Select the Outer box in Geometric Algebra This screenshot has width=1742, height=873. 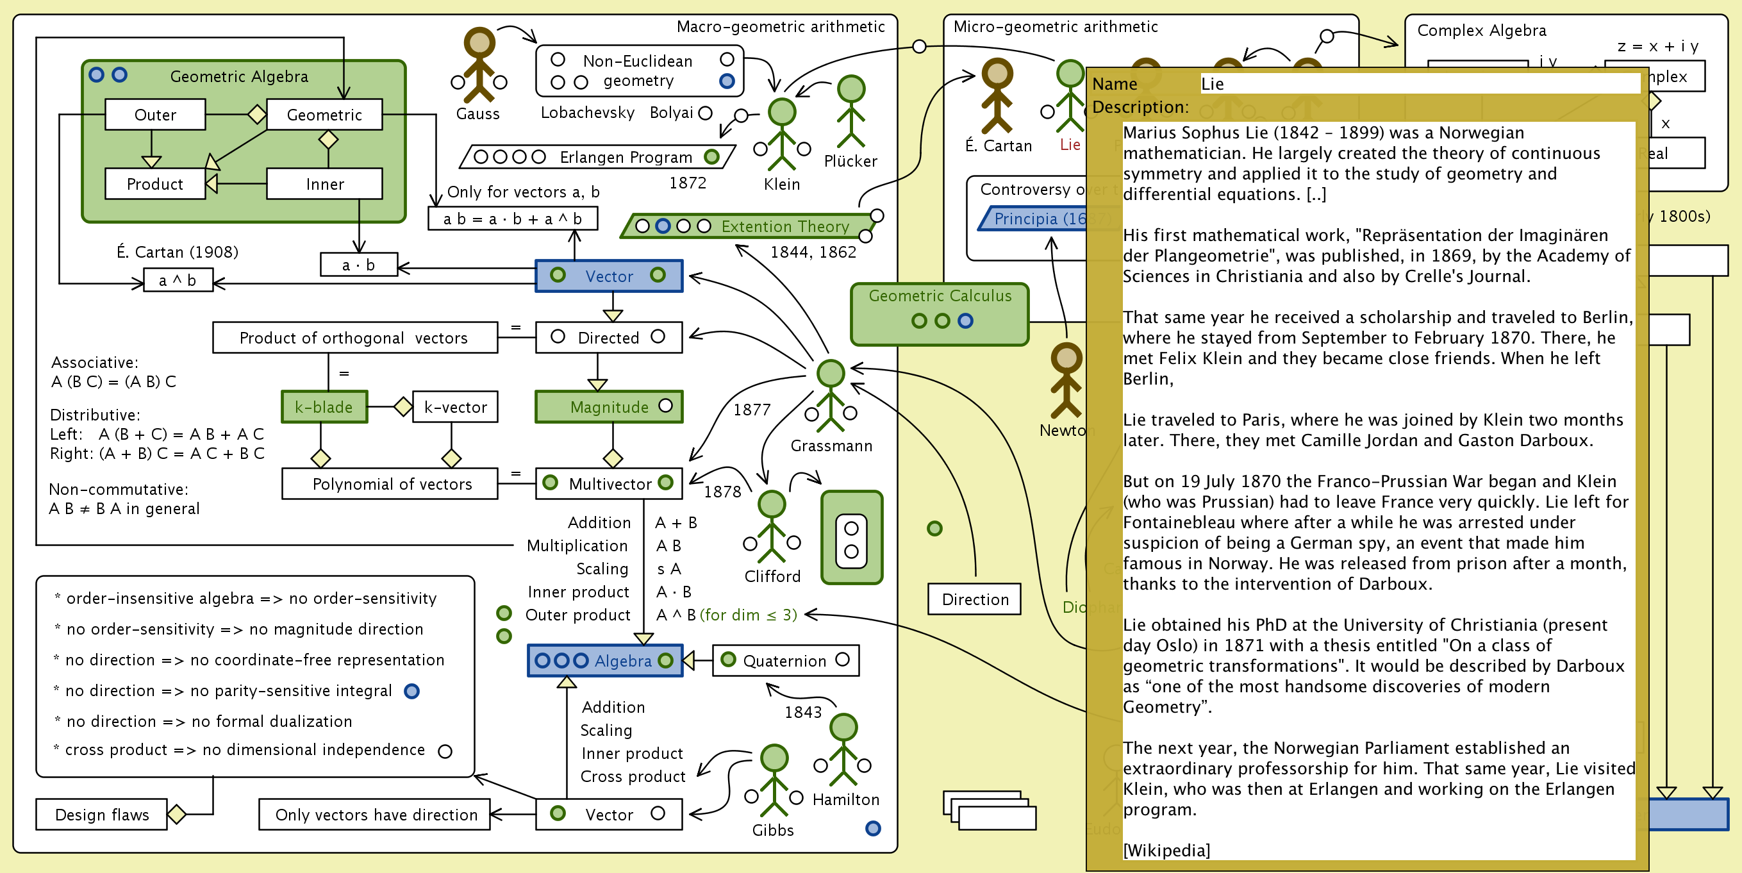tap(155, 114)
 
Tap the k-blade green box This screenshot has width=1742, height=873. tap(324, 407)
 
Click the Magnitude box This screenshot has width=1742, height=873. tap(609, 407)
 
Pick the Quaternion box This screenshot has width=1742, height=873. tap(785, 661)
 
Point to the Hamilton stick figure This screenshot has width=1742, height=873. tap(843, 750)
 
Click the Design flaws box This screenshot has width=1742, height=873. tap(101, 815)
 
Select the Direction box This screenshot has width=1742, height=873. tap(974, 599)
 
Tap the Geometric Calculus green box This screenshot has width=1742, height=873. tap(940, 314)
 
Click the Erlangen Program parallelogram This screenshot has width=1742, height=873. tap(598, 157)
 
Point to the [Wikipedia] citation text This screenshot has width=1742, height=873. tap(1166, 850)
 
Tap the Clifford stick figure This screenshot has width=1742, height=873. tap(772, 528)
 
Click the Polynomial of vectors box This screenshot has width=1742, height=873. tap(391, 484)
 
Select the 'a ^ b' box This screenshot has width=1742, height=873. tap(178, 280)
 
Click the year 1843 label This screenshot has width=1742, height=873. tap(802, 712)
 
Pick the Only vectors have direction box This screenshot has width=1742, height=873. tap(376, 815)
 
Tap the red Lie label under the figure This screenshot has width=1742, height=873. tap(1070, 145)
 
